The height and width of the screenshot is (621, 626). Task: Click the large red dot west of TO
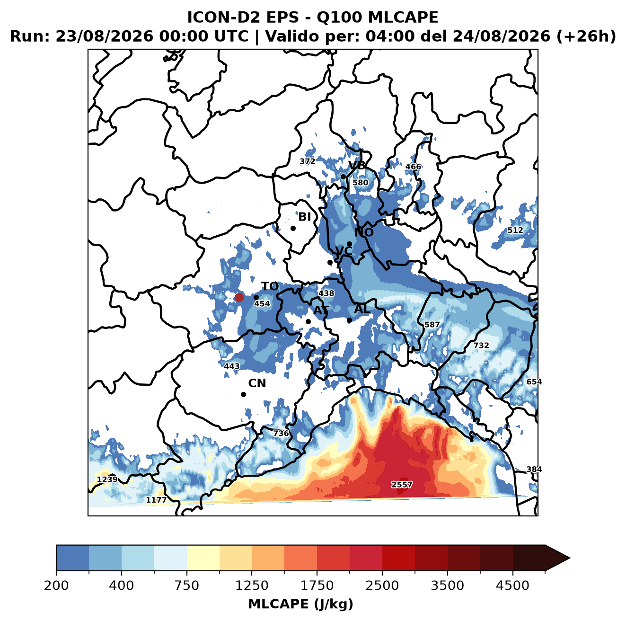pyautogui.click(x=239, y=297)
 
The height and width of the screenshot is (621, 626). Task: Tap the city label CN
pyautogui.click(x=257, y=383)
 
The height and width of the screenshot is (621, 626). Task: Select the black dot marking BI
pyautogui.click(x=293, y=228)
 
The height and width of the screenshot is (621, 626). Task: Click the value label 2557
pyautogui.click(x=402, y=485)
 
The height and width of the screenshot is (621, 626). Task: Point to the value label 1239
pyautogui.click(x=107, y=479)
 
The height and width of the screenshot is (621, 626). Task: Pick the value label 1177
pyautogui.click(x=156, y=500)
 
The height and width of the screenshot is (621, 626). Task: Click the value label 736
pyautogui.click(x=281, y=433)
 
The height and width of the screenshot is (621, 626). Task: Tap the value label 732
pyautogui.click(x=481, y=346)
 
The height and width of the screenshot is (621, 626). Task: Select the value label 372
pyautogui.click(x=307, y=161)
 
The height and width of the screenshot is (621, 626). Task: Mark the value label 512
pyautogui.click(x=515, y=230)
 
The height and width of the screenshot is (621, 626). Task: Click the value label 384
pyautogui.click(x=534, y=469)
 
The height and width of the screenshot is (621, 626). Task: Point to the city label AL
pyautogui.click(x=362, y=309)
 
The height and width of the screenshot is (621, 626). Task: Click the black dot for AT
pyautogui.click(x=308, y=321)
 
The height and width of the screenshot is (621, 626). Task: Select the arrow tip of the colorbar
pyautogui.click(x=570, y=559)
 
